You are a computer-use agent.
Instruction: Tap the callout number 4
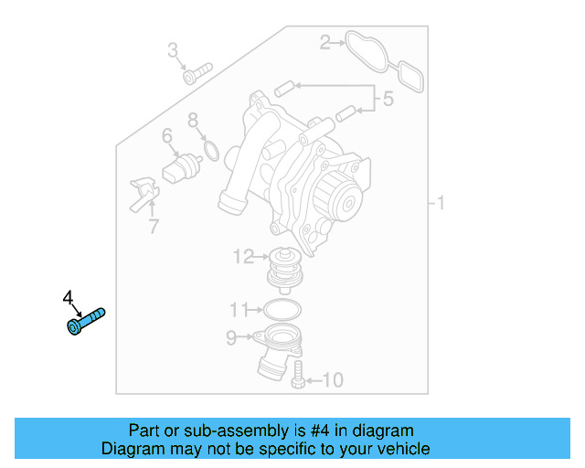pyautogui.click(x=68, y=298)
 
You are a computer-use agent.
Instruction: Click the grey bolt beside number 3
pyautogui.click(x=197, y=72)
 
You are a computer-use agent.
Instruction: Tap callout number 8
pyautogui.click(x=193, y=120)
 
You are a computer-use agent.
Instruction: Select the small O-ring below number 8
pyautogui.click(x=209, y=149)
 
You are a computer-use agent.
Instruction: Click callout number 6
pyautogui.click(x=166, y=137)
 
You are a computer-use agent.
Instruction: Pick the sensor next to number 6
pyautogui.click(x=180, y=169)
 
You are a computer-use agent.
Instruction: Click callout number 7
pyautogui.click(x=153, y=226)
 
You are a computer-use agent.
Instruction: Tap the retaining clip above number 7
pyautogui.click(x=143, y=192)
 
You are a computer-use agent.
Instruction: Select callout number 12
pyautogui.click(x=243, y=257)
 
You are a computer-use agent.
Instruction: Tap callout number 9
pyautogui.click(x=231, y=339)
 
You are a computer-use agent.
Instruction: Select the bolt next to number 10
pyautogui.click(x=297, y=374)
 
